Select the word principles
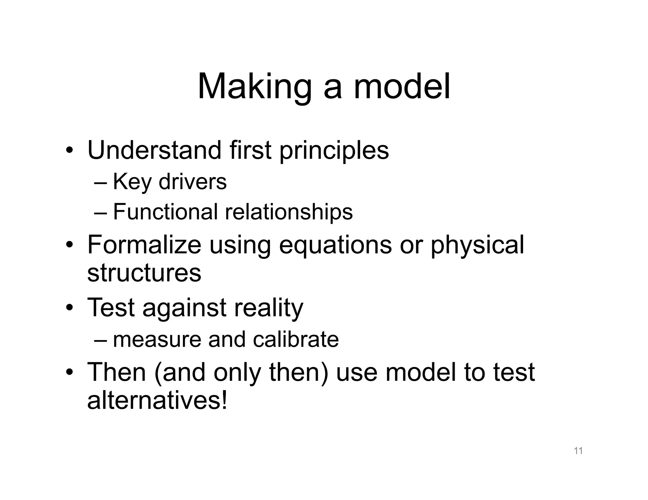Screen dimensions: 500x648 click(334, 151)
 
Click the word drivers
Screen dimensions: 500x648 click(193, 182)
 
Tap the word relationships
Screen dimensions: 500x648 click(289, 212)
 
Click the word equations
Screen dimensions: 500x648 click(335, 246)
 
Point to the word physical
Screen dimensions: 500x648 click(477, 246)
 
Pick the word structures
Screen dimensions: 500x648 click(144, 273)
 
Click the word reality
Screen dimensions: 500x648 click(269, 308)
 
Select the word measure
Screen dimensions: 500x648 click(157, 340)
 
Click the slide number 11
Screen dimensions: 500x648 click(578, 451)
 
